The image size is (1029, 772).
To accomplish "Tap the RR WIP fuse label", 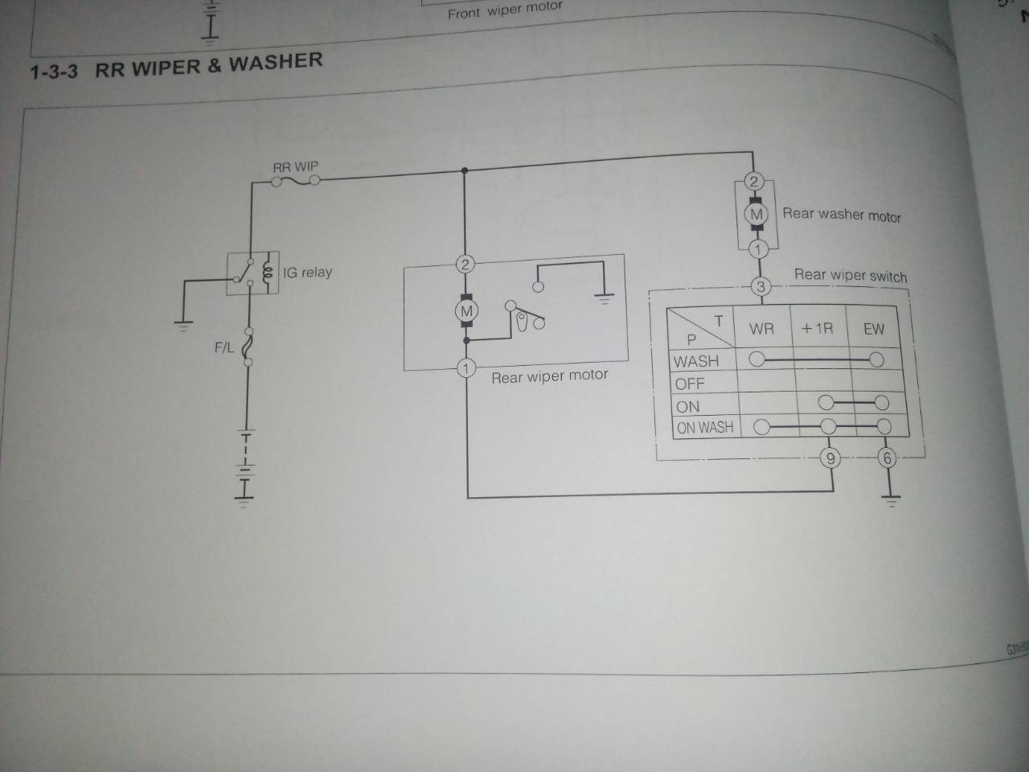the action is (x=295, y=167).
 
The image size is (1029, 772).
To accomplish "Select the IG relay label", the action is (x=307, y=273).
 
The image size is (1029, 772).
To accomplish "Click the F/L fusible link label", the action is (x=224, y=348).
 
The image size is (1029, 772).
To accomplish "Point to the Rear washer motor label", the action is (x=842, y=215).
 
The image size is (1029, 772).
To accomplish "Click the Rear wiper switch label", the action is (x=851, y=275).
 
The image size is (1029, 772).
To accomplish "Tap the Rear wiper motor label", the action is (x=550, y=376).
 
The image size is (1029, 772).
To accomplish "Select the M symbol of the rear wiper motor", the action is (x=466, y=311).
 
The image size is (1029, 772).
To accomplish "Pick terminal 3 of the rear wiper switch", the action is (x=760, y=286).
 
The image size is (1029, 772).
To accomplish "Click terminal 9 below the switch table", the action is (x=830, y=458).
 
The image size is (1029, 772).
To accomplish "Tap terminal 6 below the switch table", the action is (x=887, y=458).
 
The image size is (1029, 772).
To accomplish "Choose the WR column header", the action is (x=761, y=329).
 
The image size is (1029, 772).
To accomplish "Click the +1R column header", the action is (x=817, y=329).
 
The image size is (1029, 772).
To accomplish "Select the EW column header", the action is (x=873, y=329).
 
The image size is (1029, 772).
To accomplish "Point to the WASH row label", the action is (x=696, y=362).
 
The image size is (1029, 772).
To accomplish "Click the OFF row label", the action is (x=690, y=384).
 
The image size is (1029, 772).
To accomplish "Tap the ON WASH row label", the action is (x=705, y=428).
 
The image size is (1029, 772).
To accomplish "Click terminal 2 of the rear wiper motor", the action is (x=465, y=264).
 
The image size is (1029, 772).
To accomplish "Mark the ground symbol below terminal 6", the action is (x=889, y=499).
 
